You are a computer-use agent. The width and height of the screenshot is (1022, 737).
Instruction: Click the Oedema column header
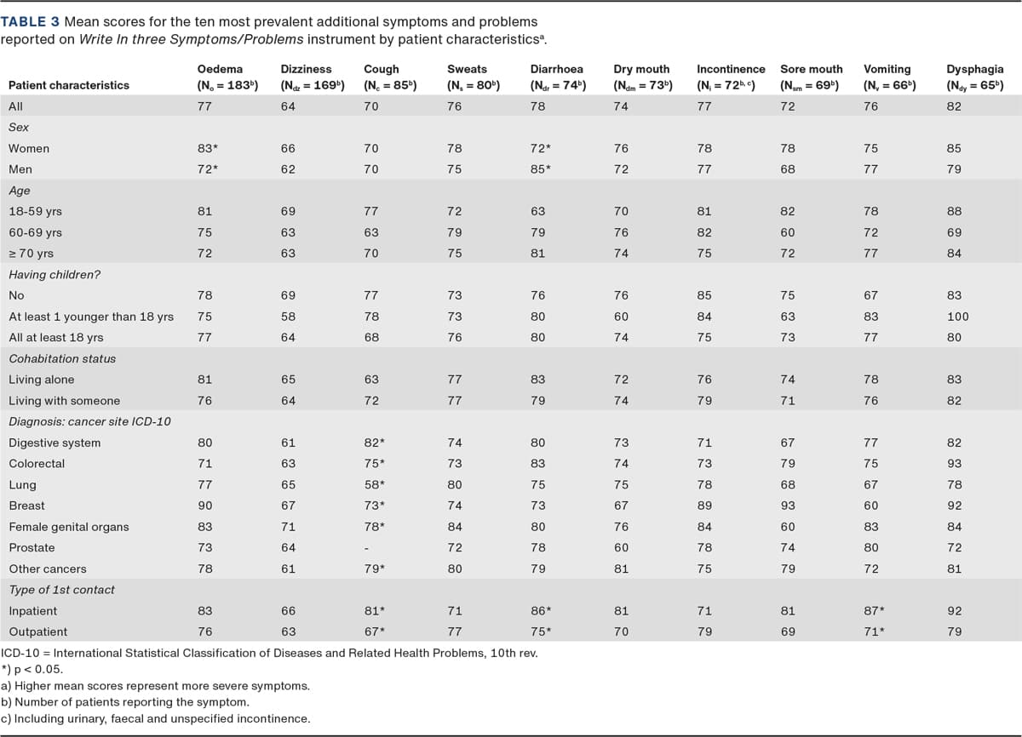227,77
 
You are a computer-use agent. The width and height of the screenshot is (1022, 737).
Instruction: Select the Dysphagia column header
975,77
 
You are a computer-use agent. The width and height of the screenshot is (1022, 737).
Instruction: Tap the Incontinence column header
731,77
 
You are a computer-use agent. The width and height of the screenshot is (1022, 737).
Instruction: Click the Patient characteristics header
69,85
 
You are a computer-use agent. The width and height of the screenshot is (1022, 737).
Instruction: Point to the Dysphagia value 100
957,317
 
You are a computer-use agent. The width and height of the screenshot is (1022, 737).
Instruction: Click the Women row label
29,149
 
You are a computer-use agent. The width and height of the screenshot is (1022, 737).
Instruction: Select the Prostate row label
32,547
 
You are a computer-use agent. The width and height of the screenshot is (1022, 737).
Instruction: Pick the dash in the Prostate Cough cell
366,548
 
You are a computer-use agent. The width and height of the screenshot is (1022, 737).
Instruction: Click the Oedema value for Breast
205,506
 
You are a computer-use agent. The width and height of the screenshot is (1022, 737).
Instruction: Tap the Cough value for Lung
374,484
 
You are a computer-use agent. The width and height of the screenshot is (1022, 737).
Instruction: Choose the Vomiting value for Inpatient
874,611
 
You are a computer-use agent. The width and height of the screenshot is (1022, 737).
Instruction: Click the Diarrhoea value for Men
541,169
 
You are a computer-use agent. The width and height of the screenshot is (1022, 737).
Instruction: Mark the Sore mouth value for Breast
788,506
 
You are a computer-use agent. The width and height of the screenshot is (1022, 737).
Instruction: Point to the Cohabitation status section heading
62,358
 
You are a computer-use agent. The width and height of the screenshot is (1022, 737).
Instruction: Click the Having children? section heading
55,274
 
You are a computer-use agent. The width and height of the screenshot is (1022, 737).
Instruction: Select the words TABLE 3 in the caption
30,21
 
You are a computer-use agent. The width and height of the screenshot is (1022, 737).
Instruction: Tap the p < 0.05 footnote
32,669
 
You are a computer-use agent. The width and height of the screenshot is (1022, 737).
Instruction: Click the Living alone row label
42,380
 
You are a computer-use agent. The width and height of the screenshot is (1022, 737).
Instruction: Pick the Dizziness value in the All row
288,106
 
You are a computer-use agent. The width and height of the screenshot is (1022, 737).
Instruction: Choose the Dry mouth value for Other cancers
621,568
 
